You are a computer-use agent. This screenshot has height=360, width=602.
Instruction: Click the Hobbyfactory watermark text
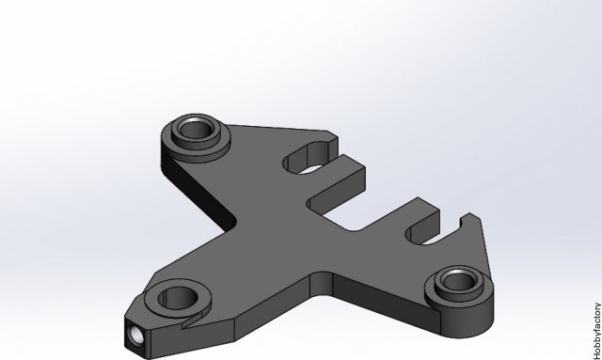click(597, 331)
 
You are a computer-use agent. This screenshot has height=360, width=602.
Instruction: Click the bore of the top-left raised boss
click(196, 129)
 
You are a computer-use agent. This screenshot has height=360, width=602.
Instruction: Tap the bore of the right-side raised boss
click(458, 281)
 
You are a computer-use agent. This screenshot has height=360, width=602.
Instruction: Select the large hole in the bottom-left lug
click(178, 298)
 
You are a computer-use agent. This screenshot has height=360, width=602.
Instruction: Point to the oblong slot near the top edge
click(308, 157)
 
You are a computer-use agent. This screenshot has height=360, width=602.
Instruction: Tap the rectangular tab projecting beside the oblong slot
click(337, 180)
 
